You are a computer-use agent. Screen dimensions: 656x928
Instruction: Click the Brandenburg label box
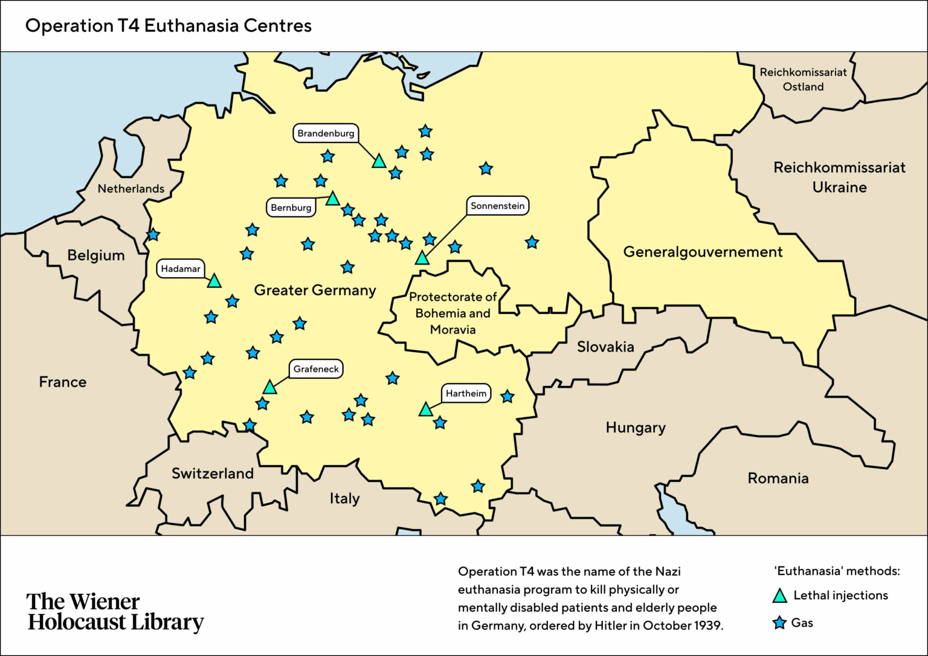click(x=326, y=133)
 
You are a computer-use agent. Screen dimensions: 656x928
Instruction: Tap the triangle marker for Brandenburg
click(x=379, y=161)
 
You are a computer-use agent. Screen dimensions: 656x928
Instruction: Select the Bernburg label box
click(x=291, y=208)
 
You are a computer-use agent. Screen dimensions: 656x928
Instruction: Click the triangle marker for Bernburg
click(x=333, y=199)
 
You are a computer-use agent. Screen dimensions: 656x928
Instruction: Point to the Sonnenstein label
click(x=497, y=206)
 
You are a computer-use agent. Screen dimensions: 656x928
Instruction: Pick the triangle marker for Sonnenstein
click(x=422, y=259)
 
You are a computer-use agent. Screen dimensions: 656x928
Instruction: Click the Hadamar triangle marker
click(x=214, y=281)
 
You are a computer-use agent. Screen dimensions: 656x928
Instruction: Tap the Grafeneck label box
click(x=316, y=369)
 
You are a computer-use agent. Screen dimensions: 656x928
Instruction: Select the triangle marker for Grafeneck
click(x=270, y=388)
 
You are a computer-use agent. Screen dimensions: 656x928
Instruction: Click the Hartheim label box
click(x=466, y=394)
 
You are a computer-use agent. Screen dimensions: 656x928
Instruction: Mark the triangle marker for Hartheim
click(x=426, y=410)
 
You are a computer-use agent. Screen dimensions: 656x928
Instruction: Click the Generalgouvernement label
click(x=703, y=252)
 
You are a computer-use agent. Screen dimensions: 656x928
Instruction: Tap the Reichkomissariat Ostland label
click(x=803, y=79)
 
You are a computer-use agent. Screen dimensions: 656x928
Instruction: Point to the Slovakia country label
click(x=605, y=347)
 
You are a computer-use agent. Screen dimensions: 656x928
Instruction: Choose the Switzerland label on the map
click(x=213, y=474)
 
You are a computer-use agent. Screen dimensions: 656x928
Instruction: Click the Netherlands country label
click(x=131, y=189)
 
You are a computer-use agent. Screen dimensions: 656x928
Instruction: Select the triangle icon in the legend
click(x=780, y=596)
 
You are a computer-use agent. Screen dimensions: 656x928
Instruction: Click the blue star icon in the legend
click(x=780, y=623)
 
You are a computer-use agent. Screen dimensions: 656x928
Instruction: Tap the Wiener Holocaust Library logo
click(x=115, y=612)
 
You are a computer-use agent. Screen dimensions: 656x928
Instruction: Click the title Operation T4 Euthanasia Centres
click(x=169, y=26)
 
